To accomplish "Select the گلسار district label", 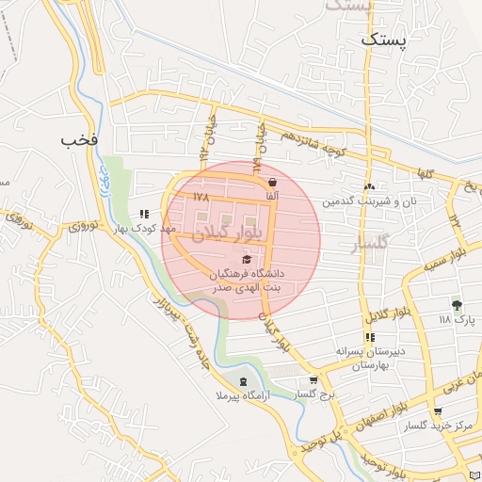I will pyautogui.click(x=357, y=246).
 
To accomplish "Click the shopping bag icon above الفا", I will pyautogui.click(x=272, y=182).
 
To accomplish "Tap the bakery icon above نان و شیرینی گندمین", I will pyautogui.click(x=369, y=187).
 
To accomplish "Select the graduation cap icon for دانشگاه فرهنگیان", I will pyautogui.click(x=247, y=260).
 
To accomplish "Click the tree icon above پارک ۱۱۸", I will pyautogui.click(x=458, y=305).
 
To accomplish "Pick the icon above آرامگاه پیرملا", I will pyautogui.click(x=244, y=381).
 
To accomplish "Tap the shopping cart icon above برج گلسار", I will pyautogui.click(x=313, y=381).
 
